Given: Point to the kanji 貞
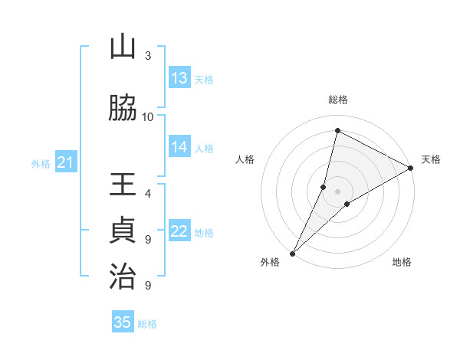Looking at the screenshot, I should (123, 231).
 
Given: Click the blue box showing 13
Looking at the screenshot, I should (179, 78).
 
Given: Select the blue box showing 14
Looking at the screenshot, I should (179, 147).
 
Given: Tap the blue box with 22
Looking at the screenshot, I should (179, 231).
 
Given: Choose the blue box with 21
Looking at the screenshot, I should (65, 162).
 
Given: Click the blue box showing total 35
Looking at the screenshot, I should (123, 322).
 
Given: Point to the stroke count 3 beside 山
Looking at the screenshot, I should (148, 55).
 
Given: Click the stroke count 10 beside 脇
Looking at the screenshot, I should (148, 116).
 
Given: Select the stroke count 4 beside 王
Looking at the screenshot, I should (148, 193).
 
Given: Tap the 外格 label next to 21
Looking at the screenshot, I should (41, 163).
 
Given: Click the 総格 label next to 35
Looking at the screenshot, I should (147, 324).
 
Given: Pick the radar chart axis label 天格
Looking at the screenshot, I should (431, 159).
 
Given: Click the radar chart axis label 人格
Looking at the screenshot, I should (245, 159).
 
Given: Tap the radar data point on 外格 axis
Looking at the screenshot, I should (292, 253).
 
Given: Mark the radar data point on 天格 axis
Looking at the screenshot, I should (411, 168).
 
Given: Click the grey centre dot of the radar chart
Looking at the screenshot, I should (338, 191).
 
